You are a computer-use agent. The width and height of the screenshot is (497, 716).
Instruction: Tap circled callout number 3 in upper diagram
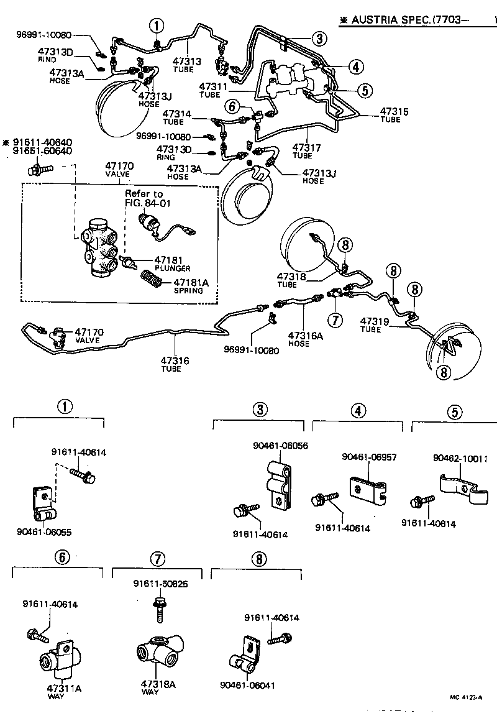[x=319, y=39]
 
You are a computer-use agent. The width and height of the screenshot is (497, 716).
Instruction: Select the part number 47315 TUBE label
[x=391, y=115]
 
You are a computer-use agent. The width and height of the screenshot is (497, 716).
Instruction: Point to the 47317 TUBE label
[x=307, y=151]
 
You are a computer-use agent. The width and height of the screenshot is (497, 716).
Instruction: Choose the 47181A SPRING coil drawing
[x=152, y=278]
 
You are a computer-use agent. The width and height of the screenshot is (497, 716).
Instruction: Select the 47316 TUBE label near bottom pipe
[x=175, y=364]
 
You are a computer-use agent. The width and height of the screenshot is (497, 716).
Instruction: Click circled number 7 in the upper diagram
[x=335, y=321]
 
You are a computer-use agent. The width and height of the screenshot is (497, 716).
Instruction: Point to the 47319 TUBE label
[x=375, y=325]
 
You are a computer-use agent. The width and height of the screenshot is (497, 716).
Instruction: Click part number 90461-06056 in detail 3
[x=281, y=446]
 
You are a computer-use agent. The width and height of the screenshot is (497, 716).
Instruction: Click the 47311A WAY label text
[x=64, y=692]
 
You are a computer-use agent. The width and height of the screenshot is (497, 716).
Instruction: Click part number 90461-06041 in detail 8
[x=247, y=686]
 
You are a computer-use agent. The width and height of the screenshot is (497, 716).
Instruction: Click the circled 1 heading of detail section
[x=65, y=407]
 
